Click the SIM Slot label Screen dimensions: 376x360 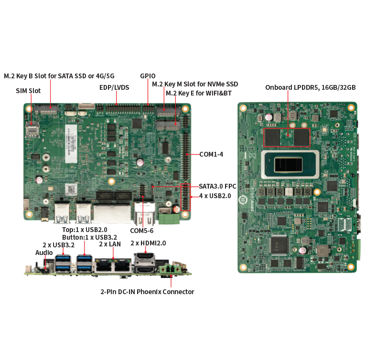28,91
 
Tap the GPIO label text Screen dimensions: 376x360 148,76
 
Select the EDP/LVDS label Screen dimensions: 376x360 114,87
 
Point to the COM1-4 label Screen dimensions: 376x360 211,154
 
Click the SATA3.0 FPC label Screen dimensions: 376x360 217,186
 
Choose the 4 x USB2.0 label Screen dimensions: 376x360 215,196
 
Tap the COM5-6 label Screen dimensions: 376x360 142,231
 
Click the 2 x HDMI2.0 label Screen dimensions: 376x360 148,243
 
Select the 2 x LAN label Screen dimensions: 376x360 110,244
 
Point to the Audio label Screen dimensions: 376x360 44,253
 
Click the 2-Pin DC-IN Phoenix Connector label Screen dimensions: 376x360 147,292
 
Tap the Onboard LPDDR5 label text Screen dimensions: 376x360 310,87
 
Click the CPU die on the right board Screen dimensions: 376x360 288,165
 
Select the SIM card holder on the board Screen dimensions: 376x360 32,129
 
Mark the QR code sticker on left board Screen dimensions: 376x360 71,190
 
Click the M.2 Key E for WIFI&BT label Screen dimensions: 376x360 199,93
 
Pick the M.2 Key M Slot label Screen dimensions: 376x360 195,84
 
